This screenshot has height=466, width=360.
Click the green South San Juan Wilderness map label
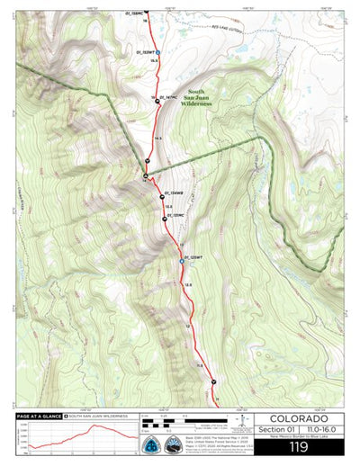coord(196,98)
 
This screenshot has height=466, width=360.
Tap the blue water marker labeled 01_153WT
coord(158,53)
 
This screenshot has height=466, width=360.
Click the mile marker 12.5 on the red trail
coord(188,285)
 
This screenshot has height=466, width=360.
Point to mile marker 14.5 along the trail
coord(157,138)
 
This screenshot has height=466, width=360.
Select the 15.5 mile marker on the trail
coord(154,61)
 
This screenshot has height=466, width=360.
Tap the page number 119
coord(299,447)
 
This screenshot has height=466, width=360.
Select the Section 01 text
coord(273,432)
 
